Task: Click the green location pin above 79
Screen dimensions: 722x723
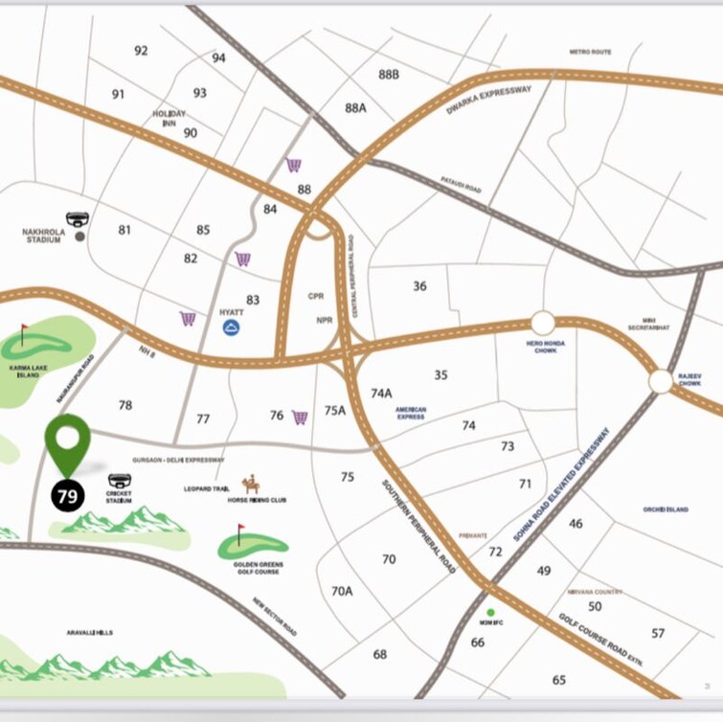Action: (x=68, y=442)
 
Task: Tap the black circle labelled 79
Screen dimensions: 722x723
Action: (x=68, y=496)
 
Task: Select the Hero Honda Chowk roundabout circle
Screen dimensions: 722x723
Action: (x=543, y=323)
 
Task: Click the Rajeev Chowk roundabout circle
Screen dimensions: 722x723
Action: (x=661, y=381)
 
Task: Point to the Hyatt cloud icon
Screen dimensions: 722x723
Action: (x=231, y=328)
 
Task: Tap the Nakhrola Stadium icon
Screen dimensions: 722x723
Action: (x=77, y=219)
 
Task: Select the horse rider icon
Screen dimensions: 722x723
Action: (x=252, y=484)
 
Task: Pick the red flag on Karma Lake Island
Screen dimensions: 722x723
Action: (x=23, y=334)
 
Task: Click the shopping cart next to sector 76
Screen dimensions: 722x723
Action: (x=300, y=417)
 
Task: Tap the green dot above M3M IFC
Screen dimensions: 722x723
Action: (x=490, y=612)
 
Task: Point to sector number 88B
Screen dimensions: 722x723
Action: (x=388, y=74)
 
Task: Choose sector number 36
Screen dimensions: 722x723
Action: (x=419, y=285)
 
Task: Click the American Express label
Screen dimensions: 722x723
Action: (x=411, y=413)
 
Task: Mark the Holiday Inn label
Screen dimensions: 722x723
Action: (x=169, y=118)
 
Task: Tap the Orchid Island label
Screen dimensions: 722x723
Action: (x=666, y=509)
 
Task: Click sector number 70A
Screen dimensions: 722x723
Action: (x=342, y=591)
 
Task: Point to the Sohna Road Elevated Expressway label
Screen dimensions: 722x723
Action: (x=563, y=485)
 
